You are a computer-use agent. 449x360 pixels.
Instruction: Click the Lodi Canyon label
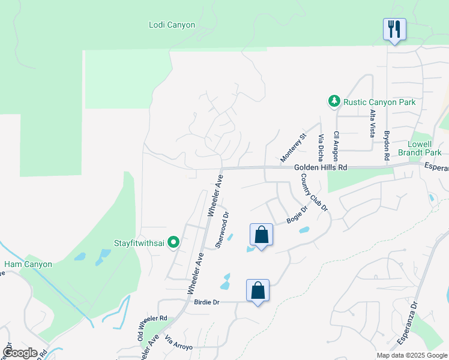pyautogui.click(x=172, y=25)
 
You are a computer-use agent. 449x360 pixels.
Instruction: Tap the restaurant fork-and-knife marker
pyautogui.click(x=394, y=29)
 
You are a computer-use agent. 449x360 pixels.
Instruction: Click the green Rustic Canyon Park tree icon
pyautogui.click(x=334, y=102)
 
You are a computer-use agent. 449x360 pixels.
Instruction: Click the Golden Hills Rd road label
pyautogui.click(x=321, y=168)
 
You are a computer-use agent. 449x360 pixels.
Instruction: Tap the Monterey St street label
pyautogui.click(x=294, y=148)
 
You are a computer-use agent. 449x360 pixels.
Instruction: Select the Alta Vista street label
pyautogui.click(x=372, y=122)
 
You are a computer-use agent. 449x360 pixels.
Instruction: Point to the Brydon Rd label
pyautogui.click(x=387, y=145)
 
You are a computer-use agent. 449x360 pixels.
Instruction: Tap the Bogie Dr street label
pyautogui.click(x=297, y=214)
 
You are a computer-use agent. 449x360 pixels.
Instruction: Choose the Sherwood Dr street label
pyautogui.click(x=222, y=229)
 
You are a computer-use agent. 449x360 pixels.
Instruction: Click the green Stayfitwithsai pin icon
pyautogui.click(x=173, y=242)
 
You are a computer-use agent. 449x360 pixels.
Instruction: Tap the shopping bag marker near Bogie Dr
pyautogui.click(x=261, y=235)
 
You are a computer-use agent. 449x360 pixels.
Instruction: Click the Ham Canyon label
pyautogui.click(x=28, y=264)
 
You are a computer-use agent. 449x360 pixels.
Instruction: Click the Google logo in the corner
pyautogui.click(x=20, y=353)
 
